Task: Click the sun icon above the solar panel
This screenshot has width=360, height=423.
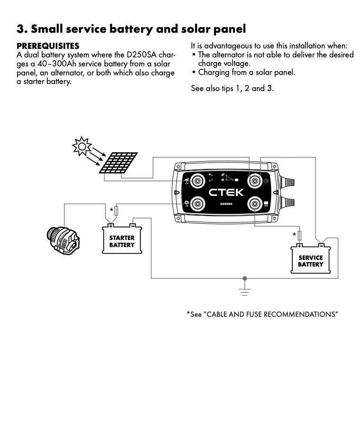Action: (81, 146)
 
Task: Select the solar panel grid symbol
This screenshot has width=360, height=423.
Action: (118, 163)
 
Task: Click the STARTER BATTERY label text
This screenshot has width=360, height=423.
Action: (122, 241)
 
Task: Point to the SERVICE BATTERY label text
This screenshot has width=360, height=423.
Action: (310, 261)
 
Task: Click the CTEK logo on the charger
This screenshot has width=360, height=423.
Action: (226, 192)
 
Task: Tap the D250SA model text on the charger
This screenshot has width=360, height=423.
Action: (226, 204)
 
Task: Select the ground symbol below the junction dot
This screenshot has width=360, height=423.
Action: (244, 291)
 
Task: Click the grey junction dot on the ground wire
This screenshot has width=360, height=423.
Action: (244, 278)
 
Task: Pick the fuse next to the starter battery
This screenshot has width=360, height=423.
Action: (117, 211)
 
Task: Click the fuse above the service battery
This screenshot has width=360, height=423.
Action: (299, 235)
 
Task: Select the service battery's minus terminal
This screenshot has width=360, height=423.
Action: (321, 245)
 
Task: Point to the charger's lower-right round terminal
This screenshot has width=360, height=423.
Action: (254, 204)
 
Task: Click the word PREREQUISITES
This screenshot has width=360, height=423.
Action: (48, 46)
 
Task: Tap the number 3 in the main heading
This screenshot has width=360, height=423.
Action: (20, 29)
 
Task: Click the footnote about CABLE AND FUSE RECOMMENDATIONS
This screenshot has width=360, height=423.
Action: (262, 314)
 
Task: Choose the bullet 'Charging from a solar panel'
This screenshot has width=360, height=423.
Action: (246, 73)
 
